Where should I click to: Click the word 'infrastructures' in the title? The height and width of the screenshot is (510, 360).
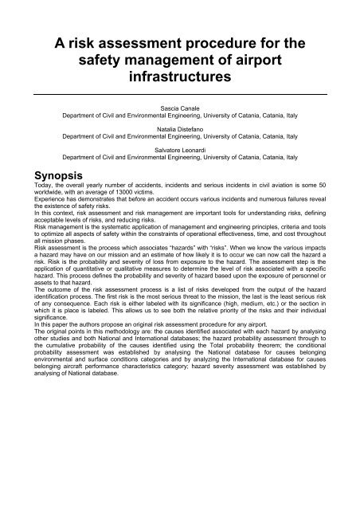tap(180, 80)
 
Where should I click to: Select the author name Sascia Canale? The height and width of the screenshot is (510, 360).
tap(180, 106)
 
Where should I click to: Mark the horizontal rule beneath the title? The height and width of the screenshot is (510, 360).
tap(180, 94)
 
